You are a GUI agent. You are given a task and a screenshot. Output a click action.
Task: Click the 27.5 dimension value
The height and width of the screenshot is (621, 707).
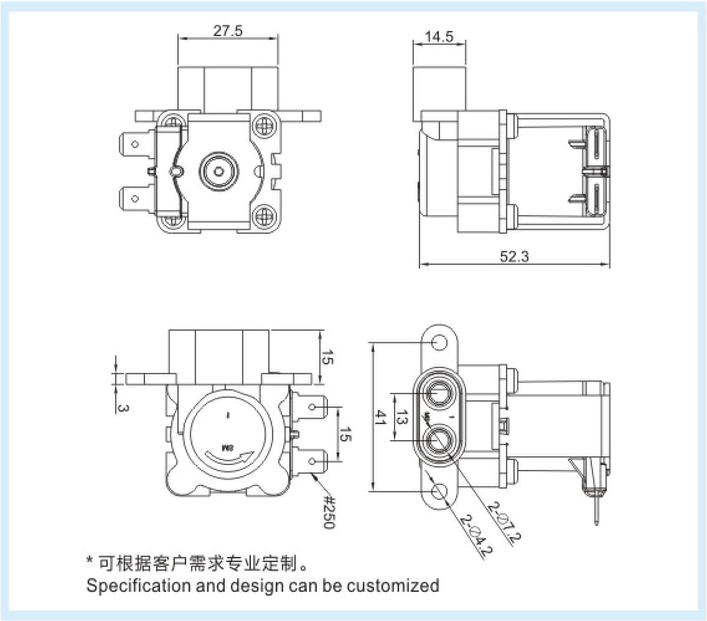pos(227,31)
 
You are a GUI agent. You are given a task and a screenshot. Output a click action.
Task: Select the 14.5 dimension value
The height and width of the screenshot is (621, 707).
pos(439,37)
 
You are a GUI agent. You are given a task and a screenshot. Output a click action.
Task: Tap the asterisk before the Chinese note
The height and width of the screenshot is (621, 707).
pos(90,563)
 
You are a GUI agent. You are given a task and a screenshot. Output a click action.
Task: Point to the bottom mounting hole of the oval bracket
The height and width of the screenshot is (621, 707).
pos(440,491)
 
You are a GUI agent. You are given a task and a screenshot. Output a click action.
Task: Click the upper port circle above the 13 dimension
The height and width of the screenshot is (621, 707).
pos(441,393)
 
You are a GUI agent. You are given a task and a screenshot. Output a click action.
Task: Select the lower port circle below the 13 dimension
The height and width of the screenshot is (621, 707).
pos(441,439)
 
